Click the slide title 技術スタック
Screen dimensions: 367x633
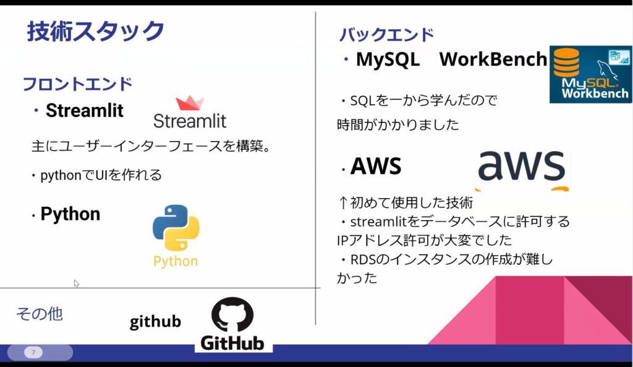click(x=96, y=31)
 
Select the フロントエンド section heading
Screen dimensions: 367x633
click(x=77, y=84)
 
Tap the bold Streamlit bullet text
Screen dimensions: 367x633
click(x=85, y=111)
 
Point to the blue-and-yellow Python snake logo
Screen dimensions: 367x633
click(x=176, y=227)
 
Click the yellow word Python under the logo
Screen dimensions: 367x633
click(x=176, y=261)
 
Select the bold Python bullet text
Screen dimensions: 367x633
click(x=70, y=214)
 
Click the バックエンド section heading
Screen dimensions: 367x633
click(x=386, y=35)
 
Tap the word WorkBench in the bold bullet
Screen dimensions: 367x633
click(x=493, y=59)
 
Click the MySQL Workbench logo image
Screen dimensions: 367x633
click(x=590, y=74)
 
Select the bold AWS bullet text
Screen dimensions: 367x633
click(x=376, y=166)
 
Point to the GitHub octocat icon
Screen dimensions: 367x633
click(x=232, y=314)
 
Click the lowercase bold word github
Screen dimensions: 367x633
click(x=155, y=322)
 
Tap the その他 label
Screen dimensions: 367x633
click(x=39, y=314)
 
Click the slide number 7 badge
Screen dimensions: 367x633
click(x=33, y=353)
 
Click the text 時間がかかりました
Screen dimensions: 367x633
click(x=398, y=124)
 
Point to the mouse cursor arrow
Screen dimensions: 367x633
click(x=76, y=283)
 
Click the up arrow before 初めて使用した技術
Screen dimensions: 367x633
click(x=343, y=202)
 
